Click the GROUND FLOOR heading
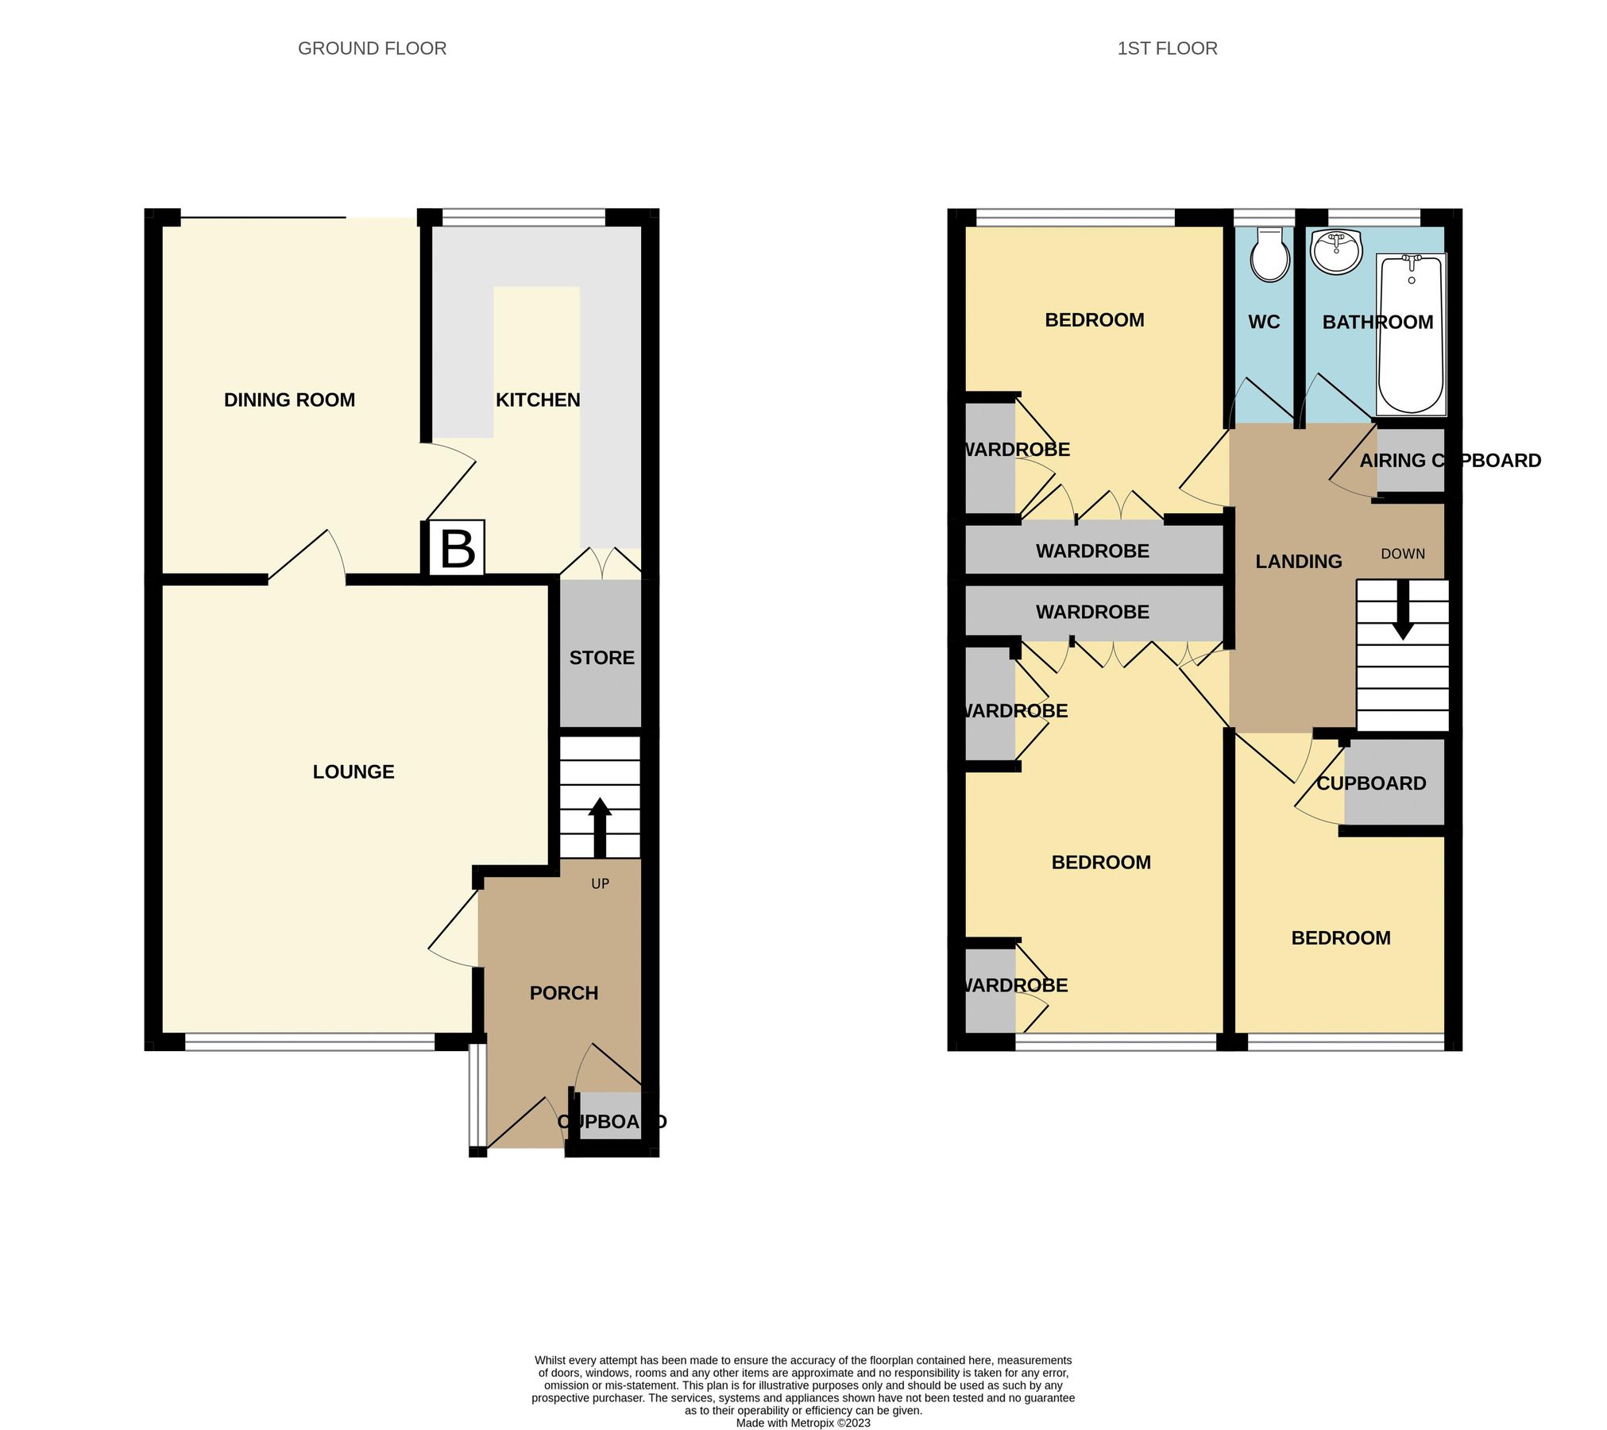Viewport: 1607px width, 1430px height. (372, 48)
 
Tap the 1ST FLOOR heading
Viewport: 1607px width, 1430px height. (1166, 48)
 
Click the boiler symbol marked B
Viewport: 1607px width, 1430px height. (457, 548)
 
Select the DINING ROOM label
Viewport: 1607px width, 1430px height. (289, 400)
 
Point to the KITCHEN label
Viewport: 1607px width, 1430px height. (538, 400)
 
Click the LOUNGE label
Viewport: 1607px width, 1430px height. (353, 771)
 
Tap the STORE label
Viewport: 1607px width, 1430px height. (601, 658)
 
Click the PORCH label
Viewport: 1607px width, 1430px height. (564, 993)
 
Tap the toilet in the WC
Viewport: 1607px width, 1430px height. (1270, 255)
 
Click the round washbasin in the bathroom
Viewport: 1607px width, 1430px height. (1337, 252)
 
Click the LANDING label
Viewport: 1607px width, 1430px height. (1299, 562)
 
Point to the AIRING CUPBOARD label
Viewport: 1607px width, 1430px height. (1450, 461)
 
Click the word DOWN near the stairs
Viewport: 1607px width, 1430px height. (1403, 554)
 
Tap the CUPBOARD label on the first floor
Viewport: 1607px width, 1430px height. (1371, 783)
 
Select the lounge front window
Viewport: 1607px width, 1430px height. (310, 1041)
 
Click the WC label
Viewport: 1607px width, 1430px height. (1264, 322)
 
